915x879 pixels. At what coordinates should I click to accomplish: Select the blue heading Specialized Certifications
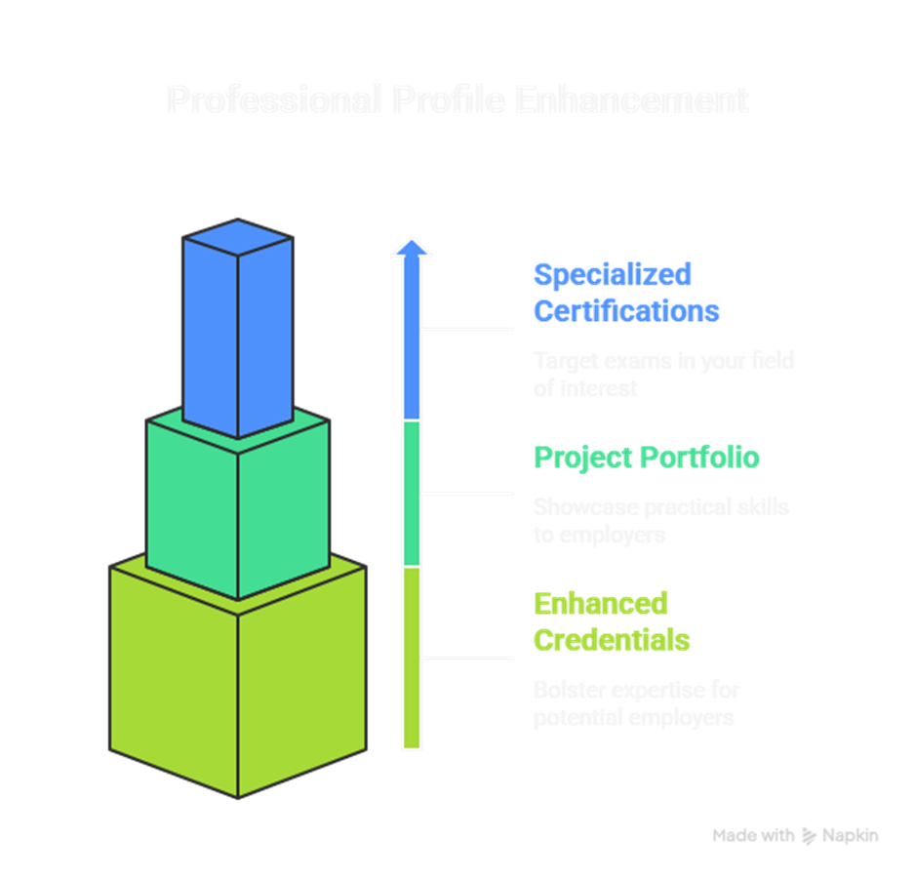pyautogui.click(x=625, y=292)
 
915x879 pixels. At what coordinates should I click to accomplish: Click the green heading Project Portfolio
pyautogui.click(x=646, y=457)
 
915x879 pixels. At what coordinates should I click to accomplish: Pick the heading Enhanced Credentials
pyautogui.click(x=611, y=621)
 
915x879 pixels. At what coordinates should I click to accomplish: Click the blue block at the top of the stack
pyautogui.click(x=237, y=327)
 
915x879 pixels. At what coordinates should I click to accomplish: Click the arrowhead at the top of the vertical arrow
pyautogui.click(x=412, y=248)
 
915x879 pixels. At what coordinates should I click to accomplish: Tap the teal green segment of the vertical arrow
pyautogui.click(x=412, y=493)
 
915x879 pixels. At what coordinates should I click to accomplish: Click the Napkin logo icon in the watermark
pyautogui.click(x=809, y=836)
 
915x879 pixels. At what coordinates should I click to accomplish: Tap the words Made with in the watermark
pyautogui.click(x=752, y=836)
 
